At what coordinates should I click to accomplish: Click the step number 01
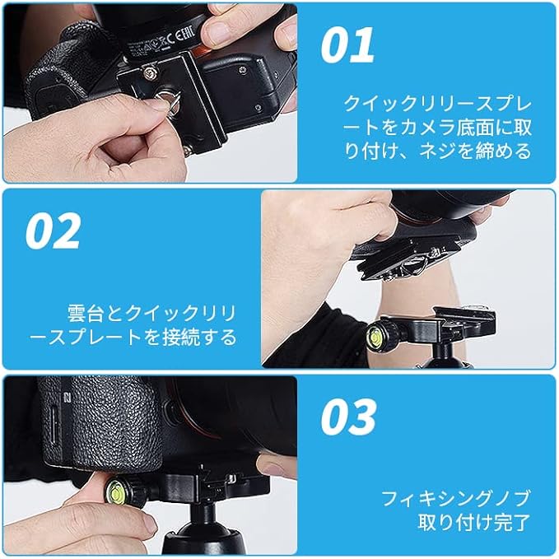pyautogui.click(x=347, y=45)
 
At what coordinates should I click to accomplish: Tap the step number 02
pyautogui.click(x=54, y=231)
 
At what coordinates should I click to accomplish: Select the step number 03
pyautogui.click(x=348, y=417)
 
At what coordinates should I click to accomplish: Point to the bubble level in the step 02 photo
pyautogui.click(x=375, y=335)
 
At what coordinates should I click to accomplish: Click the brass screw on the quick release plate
pyautogui.click(x=150, y=73)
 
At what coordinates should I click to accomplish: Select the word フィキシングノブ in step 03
pyautogui.click(x=455, y=498)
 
